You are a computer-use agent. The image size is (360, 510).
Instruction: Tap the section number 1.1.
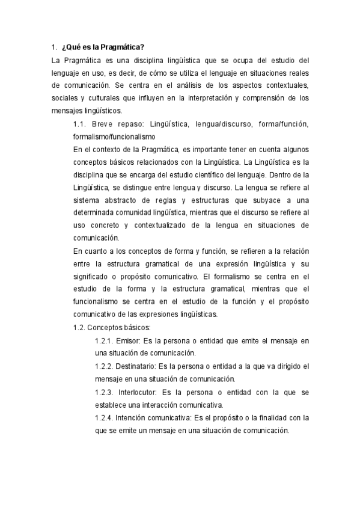click(81, 124)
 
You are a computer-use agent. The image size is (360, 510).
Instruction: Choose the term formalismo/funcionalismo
click(114, 137)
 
